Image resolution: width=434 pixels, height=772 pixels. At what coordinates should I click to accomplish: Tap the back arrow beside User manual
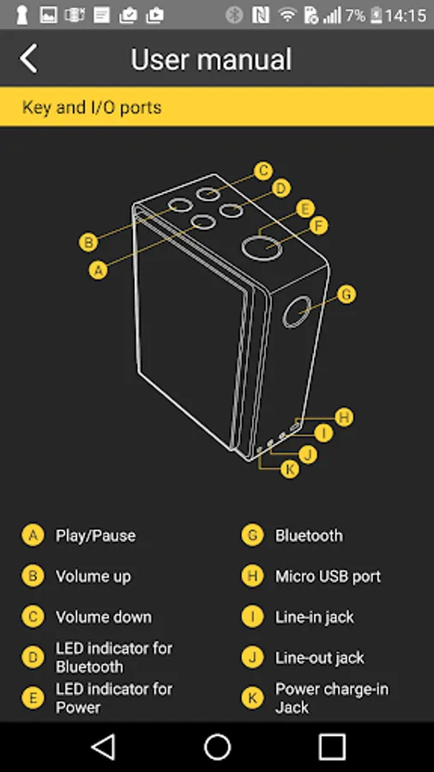tap(28, 58)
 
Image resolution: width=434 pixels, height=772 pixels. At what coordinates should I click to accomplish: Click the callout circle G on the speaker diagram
tap(347, 294)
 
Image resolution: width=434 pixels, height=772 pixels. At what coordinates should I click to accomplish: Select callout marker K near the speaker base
tap(290, 469)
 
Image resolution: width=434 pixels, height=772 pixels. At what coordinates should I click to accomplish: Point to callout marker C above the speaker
tap(264, 171)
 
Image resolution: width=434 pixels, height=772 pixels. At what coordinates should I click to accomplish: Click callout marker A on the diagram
tap(99, 270)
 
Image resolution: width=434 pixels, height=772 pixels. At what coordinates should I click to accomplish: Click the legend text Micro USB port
tap(328, 576)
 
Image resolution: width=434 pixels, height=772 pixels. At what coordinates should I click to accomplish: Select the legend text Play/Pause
tap(95, 535)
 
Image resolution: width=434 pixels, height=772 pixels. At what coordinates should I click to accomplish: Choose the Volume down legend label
tap(103, 617)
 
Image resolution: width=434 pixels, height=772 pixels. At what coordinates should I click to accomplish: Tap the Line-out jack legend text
tap(319, 658)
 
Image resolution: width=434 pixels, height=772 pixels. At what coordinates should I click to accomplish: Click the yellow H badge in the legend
tap(252, 576)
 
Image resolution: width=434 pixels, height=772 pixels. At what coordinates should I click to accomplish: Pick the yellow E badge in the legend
tap(33, 697)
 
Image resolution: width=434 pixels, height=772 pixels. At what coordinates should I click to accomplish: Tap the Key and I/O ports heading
tap(92, 107)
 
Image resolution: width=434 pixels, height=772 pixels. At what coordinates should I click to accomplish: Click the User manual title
tap(211, 59)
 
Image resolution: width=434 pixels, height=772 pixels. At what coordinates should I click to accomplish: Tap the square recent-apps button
tap(332, 747)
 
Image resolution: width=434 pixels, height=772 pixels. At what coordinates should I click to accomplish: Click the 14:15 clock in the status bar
tap(406, 15)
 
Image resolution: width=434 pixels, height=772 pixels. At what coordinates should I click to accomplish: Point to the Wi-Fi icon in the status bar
tap(286, 15)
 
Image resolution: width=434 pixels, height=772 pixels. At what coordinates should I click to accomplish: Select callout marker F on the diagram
tap(319, 226)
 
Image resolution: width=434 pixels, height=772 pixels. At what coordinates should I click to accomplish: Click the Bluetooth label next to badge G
tap(309, 535)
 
